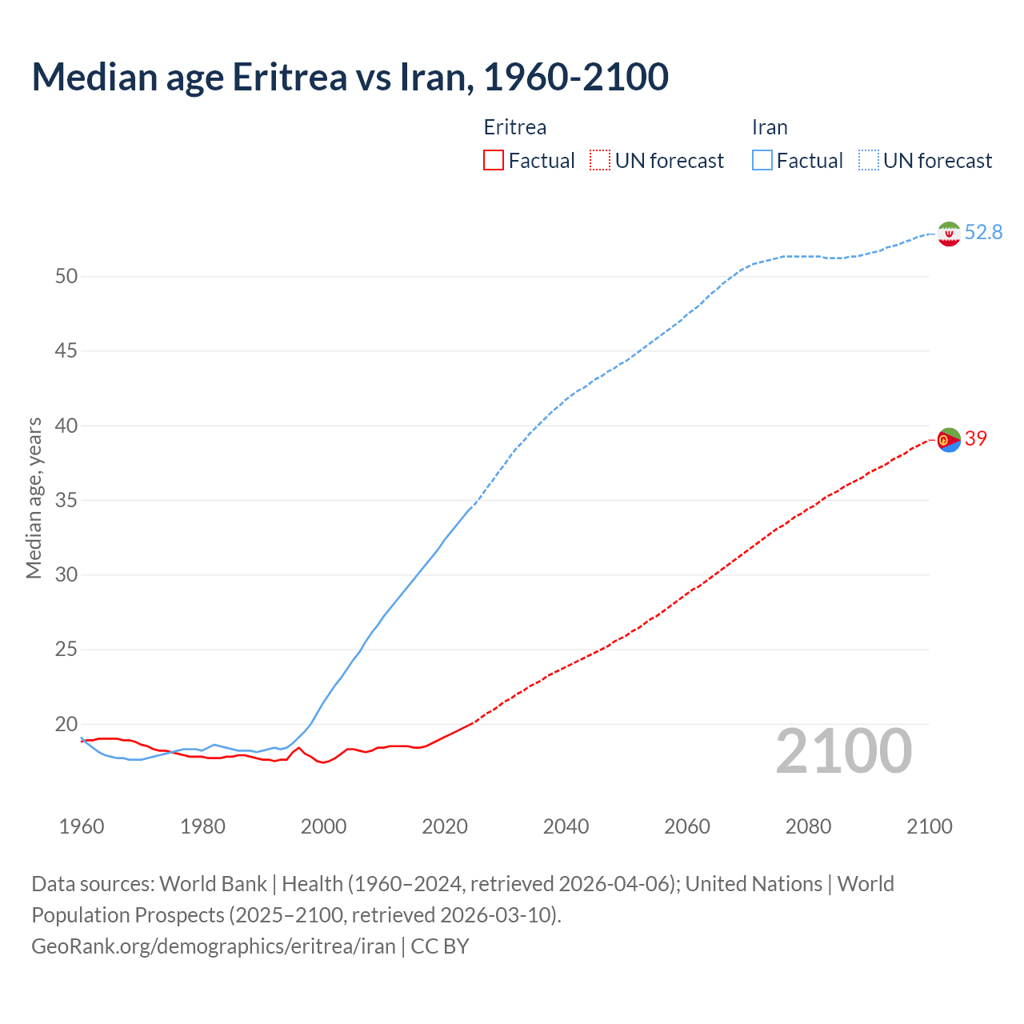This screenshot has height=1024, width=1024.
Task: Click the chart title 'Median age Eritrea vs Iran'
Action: [350, 78]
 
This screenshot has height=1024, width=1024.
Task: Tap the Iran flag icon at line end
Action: [949, 234]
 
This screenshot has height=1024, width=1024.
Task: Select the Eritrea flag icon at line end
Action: [949, 439]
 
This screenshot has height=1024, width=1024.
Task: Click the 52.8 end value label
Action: [983, 232]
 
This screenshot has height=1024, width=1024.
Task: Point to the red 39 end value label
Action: [975, 438]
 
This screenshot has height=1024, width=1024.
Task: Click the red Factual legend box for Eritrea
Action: [494, 161]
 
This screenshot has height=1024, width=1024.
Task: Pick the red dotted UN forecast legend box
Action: [600, 161]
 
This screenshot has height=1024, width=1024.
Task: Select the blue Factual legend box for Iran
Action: [762, 161]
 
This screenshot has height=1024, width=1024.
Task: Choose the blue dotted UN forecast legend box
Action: [868, 161]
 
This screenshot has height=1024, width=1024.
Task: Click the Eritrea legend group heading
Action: [514, 127]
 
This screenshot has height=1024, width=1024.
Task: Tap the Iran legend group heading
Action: [770, 127]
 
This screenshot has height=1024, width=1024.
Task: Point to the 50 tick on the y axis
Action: [66, 277]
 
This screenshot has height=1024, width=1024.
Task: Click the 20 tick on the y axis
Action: [66, 724]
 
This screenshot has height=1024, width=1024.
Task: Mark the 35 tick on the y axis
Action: [66, 501]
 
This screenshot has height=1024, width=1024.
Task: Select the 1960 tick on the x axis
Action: [82, 826]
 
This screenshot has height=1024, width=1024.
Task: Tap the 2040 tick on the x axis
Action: [566, 826]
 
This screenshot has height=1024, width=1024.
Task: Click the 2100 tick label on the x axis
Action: [929, 826]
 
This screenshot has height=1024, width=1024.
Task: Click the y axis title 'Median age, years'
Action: [34, 498]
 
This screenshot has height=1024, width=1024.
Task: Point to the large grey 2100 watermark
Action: [843, 751]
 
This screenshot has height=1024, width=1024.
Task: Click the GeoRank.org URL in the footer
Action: [214, 946]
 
